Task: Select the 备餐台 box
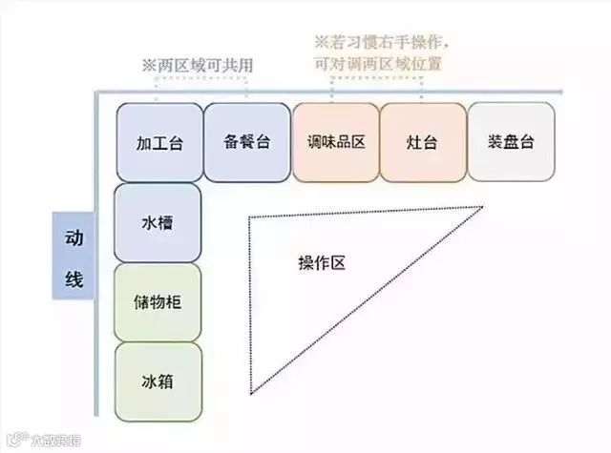[x=247, y=142]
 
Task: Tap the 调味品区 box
[x=335, y=142]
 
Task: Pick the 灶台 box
[x=422, y=142]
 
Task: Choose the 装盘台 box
[x=510, y=142]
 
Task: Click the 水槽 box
[x=158, y=223]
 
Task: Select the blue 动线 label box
[x=73, y=256]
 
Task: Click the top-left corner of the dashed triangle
[x=249, y=216]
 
